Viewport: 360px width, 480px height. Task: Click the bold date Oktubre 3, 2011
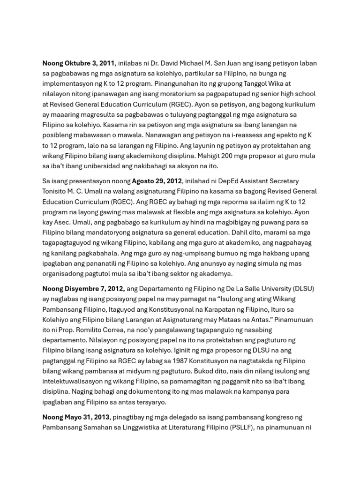tap(78, 63)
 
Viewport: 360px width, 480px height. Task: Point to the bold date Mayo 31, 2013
tap(76, 417)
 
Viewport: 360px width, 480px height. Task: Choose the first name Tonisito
tap(58, 191)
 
